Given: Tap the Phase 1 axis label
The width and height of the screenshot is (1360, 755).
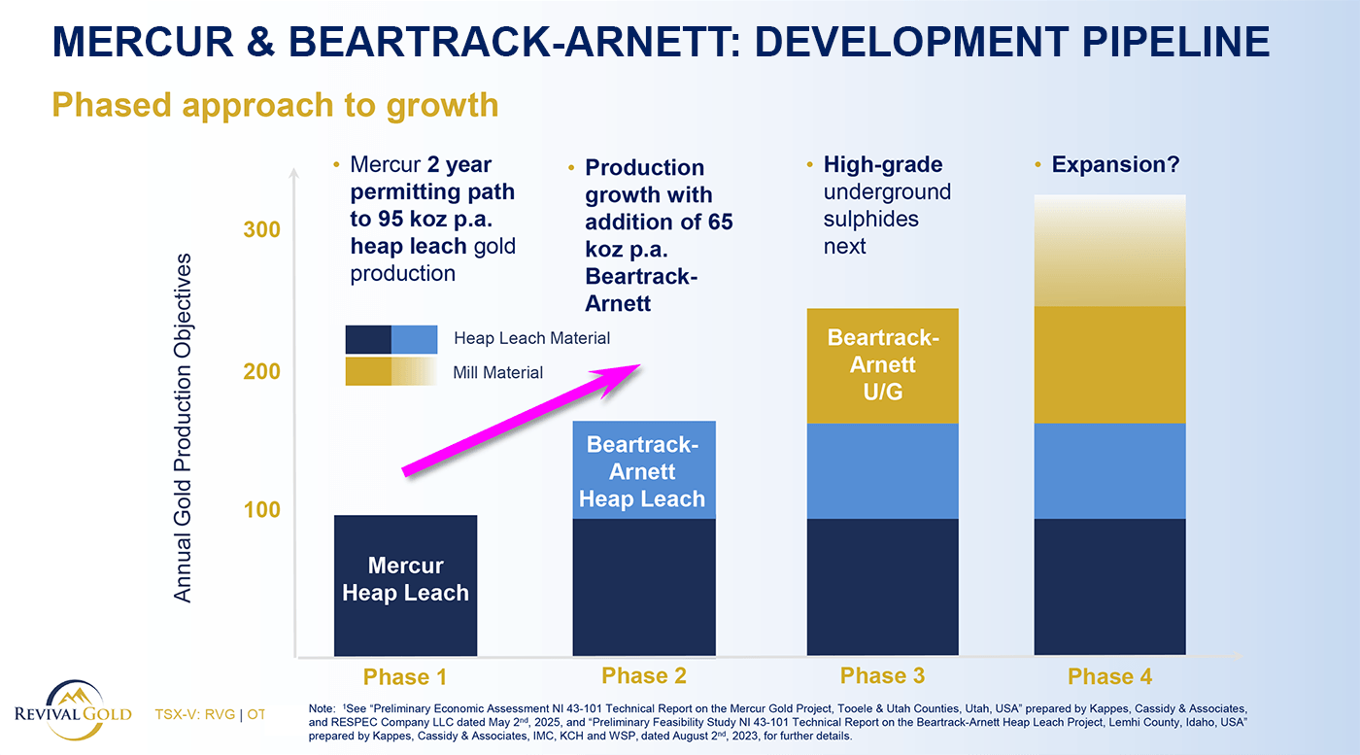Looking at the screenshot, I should click(405, 677).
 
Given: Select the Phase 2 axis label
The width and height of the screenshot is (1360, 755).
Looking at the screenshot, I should click(644, 675).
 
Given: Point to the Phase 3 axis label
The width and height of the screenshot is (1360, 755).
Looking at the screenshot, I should click(882, 675).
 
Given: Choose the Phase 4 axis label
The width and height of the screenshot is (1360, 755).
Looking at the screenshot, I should click(1109, 676).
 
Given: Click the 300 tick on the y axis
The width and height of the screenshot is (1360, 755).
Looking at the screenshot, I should click(261, 229).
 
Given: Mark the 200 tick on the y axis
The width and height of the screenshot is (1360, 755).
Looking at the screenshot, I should click(261, 371).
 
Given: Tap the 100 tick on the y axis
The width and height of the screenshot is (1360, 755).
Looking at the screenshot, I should click(261, 509).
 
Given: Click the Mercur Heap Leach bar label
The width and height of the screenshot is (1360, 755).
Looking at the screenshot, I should click(405, 579).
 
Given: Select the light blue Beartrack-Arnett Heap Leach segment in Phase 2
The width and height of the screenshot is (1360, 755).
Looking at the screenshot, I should click(644, 472).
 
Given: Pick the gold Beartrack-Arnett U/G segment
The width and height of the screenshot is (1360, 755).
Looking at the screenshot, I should click(882, 365).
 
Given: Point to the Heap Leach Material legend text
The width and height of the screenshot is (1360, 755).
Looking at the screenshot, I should click(531, 338).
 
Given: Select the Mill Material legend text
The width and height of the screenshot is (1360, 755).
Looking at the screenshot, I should click(498, 372).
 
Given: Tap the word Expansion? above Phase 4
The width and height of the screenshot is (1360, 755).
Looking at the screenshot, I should click(1115, 164).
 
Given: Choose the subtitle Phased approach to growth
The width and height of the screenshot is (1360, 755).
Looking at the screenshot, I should click(275, 105).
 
